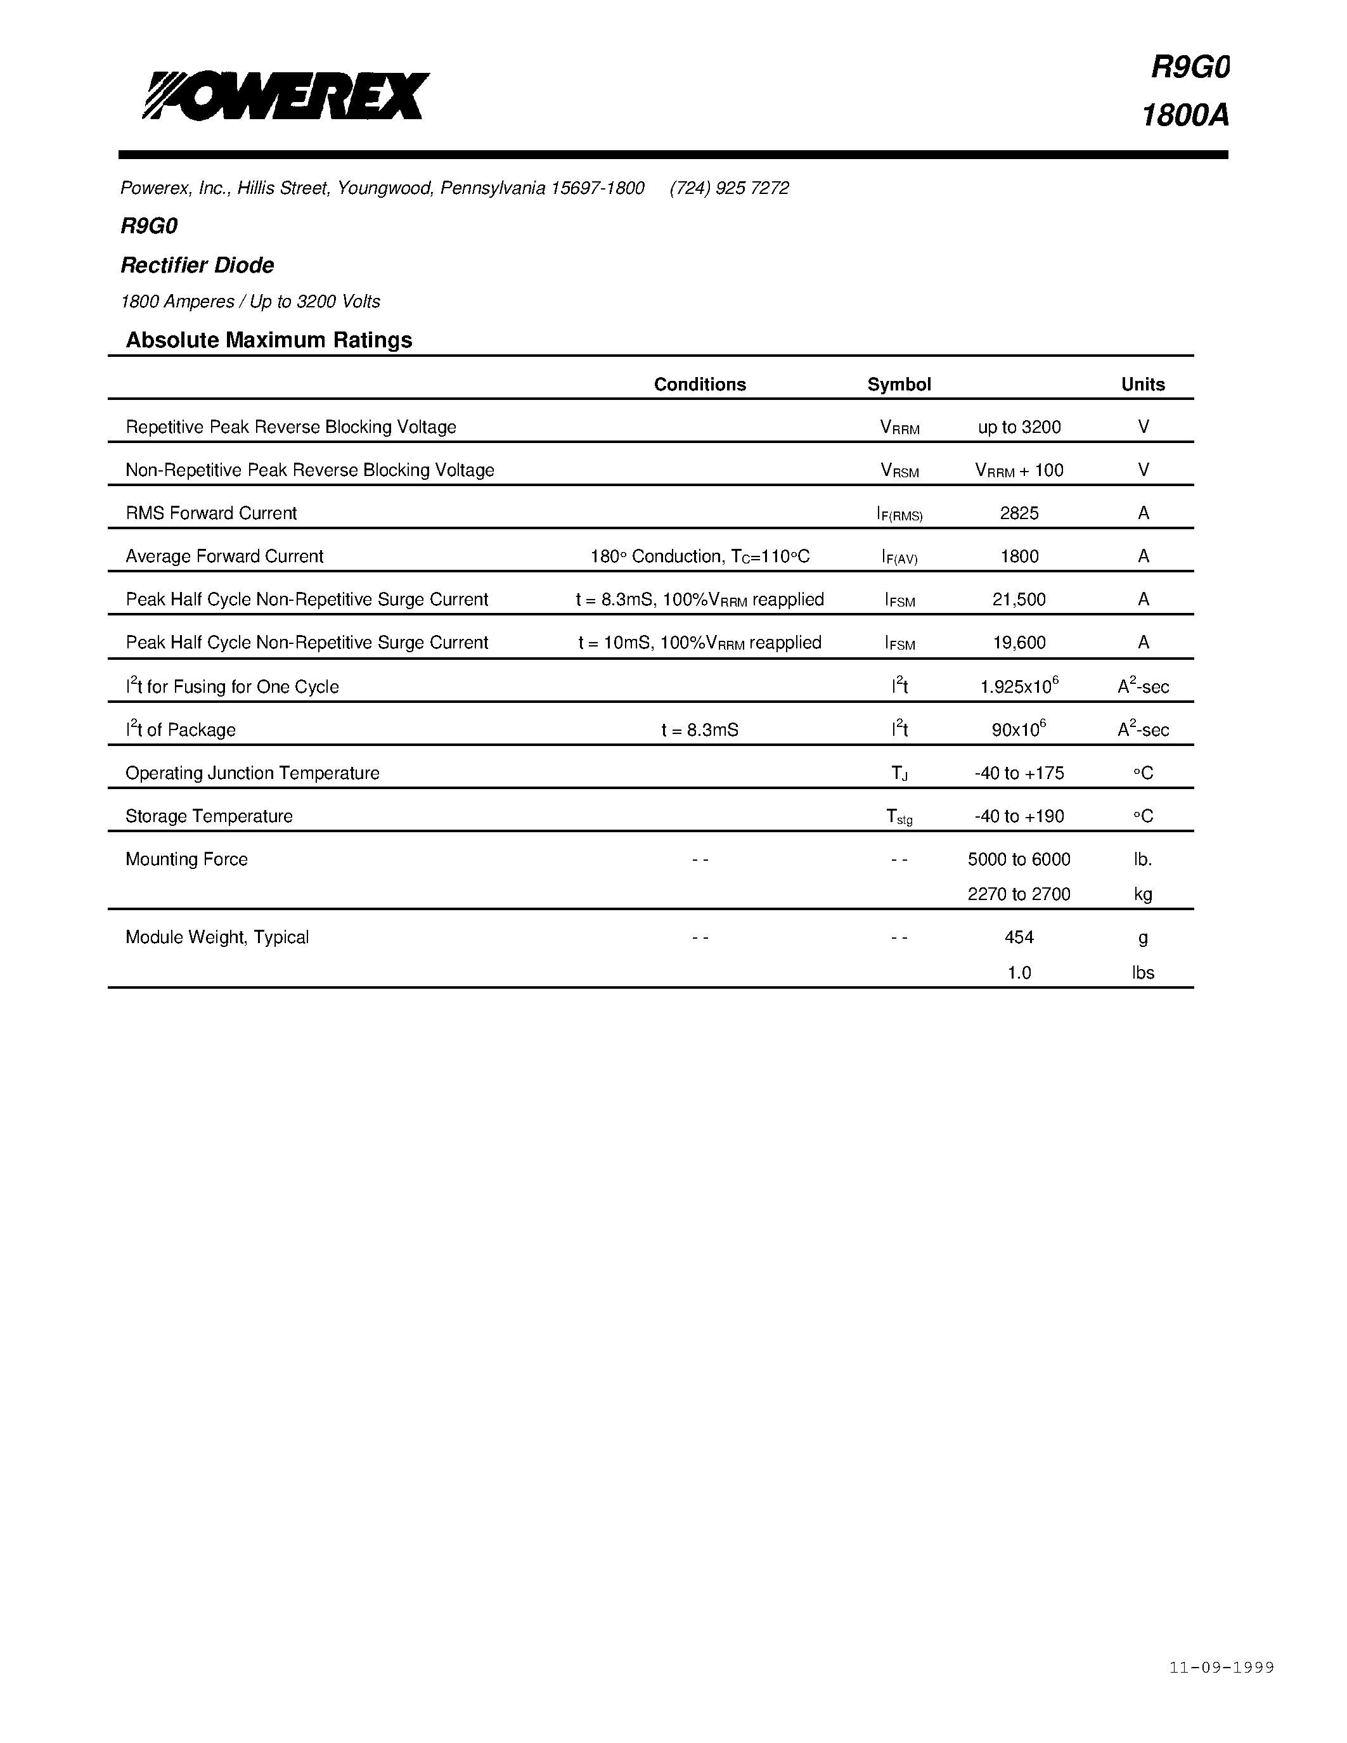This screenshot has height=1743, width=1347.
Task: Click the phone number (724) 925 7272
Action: [730, 188]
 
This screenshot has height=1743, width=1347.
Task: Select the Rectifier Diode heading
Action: [197, 265]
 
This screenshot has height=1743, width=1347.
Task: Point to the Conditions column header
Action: [700, 385]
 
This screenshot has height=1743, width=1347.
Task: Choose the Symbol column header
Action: [899, 385]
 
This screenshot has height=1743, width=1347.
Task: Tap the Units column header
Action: [1143, 385]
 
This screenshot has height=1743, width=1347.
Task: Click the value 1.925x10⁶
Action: [1019, 686]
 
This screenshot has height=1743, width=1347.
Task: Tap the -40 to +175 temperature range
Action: [1019, 773]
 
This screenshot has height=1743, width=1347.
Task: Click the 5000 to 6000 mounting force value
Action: [1019, 859]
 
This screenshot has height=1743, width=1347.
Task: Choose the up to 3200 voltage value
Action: [1019, 428]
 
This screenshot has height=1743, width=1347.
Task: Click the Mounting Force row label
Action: [187, 859]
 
